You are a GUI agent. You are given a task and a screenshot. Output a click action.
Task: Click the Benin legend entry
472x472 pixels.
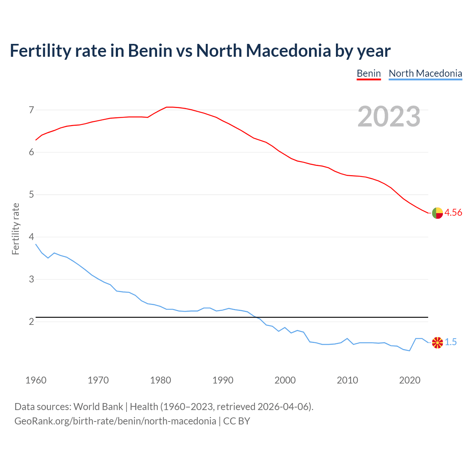[x=368, y=73]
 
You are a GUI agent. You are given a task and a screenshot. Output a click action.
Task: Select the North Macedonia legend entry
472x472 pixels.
[x=425, y=73]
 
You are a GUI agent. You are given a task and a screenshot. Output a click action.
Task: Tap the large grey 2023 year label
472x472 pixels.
[x=389, y=116]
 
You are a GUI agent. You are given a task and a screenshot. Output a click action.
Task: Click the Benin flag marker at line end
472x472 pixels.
[x=437, y=213]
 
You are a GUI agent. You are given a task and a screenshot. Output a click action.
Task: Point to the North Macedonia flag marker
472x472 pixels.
[x=437, y=343]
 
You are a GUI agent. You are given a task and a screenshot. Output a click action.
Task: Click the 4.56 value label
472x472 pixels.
[x=453, y=212]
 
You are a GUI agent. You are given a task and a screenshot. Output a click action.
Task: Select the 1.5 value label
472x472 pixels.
[x=451, y=342]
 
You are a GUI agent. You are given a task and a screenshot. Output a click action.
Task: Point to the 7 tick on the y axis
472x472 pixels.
[x=31, y=110]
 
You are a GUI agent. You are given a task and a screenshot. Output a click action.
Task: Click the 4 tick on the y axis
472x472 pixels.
[x=31, y=237]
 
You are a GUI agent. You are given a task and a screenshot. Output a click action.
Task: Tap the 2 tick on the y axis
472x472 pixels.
[x=31, y=322]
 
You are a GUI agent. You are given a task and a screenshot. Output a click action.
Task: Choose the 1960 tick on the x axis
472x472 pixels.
[x=36, y=380]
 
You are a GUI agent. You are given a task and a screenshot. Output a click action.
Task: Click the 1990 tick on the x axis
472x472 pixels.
[x=223, y=380]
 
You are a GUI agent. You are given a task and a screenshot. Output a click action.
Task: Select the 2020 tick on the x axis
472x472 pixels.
[x=410, y=380]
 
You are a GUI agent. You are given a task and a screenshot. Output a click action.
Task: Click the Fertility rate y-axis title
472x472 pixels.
[x=15, y=229]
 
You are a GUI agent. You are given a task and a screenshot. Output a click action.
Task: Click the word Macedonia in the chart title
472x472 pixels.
[x=288, y=51]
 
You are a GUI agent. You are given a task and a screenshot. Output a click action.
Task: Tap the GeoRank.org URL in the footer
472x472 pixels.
[x=115, y=421]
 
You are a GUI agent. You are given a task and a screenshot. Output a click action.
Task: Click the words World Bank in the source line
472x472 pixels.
[x=98, y=407]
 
